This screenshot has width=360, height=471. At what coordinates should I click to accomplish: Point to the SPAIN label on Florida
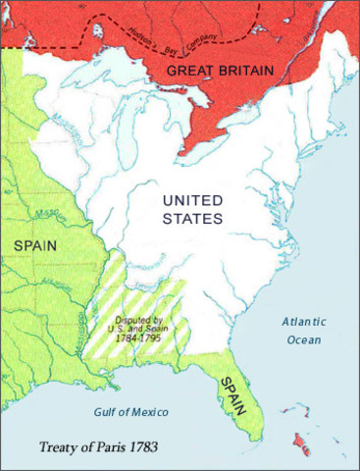click(232, 392)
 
